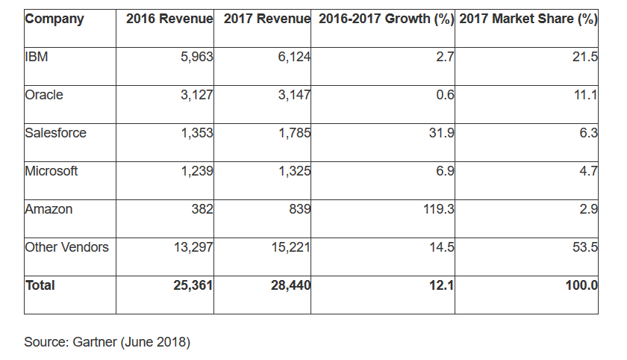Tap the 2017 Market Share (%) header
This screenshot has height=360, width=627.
[528, 19]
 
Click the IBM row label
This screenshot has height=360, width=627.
[37, 57]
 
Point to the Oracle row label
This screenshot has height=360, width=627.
[44, 95]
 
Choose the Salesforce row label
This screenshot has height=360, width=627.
[56, 133]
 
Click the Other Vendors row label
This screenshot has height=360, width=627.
[66, 247]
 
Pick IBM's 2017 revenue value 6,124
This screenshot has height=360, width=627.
[293, 57]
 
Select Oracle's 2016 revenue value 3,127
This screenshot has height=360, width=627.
[196, 95]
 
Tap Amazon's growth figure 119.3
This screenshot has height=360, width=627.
[438, 209]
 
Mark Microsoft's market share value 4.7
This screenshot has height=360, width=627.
[588, 171]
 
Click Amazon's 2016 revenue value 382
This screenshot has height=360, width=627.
[202, 209]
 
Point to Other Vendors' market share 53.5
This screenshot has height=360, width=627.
[585, 247]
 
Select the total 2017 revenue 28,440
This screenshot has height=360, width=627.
[290, 285]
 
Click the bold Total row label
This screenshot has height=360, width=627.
[40, 285]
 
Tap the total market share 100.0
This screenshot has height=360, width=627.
[581, 285]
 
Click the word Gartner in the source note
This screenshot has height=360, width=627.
[93, 342]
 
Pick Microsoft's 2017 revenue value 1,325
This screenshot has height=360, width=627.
[293, 171]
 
